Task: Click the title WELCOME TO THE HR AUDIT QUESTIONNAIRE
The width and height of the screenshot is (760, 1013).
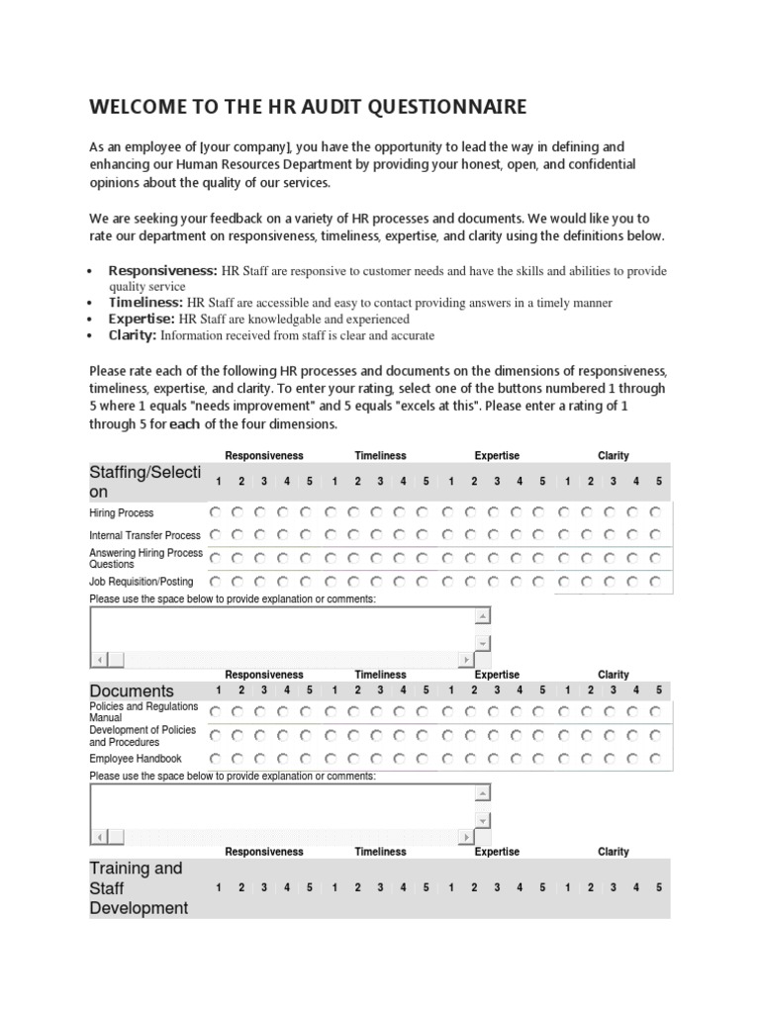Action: pyautogui.click(x=308, y=107)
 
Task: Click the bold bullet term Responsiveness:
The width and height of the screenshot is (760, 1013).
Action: pyautogui.click(x=162, y=270)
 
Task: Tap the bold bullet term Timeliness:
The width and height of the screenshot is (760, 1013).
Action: pyautogui.click(x=145, y=302)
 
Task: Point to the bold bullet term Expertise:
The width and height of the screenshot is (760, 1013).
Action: pyautogui.click(x=142, y=319)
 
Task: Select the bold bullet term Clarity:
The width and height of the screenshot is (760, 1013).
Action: pyautogui.click(x=133, y=334)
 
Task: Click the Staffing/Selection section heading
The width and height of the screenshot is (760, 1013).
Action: pyautogui.click(x=145, y=482)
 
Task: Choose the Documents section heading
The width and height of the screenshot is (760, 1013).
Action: pyautogui.click(x=132, y=691)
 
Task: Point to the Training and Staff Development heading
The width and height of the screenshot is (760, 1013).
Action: pyautogui.click(x=139, y=887)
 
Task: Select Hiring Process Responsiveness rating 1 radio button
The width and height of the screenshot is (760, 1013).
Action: pyautogui.click(x=216, y=512)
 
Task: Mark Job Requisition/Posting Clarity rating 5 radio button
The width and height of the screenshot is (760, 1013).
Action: pyautogui.click(x=656, y=582)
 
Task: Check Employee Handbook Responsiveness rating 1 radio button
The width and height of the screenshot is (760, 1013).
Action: pyautogui.click(x=216, y=758)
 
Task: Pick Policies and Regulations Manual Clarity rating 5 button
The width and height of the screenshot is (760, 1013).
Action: pyautogui.click(x=656, y=710)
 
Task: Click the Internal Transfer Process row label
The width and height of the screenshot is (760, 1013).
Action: pyautogui.click(x=145, y=535)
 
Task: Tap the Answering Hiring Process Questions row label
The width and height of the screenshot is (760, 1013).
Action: pyautogui.click(x=145, y=558)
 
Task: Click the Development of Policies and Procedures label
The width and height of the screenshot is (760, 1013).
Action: pyautogui.click(x=142, y=735)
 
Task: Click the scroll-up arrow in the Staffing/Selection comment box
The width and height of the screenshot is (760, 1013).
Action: pyautogui.click(x=483, y=617)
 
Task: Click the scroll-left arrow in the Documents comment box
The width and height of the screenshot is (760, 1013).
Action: pyautogui.click(x=98, y=837)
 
